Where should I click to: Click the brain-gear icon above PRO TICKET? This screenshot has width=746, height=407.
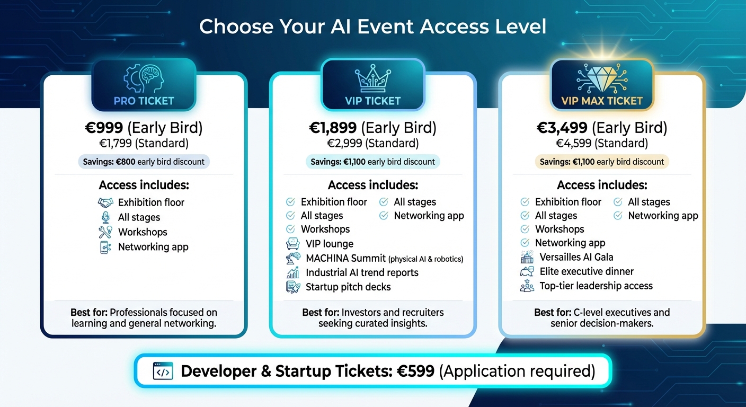(143, 79)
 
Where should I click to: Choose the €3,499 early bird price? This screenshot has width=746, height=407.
(562, 128)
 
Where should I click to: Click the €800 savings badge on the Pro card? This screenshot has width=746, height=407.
(144, 162)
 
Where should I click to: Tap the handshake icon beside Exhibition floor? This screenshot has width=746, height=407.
(106, 202)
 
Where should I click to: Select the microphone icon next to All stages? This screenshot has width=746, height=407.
(106, 217)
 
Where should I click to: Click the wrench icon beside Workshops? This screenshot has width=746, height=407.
(106, 232)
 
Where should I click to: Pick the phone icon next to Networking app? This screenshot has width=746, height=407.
(106, 247)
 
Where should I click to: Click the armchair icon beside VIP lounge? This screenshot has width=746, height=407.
(292, 244)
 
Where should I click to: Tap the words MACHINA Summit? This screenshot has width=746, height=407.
(345, 259)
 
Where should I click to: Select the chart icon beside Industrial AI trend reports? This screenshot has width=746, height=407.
(292, 273)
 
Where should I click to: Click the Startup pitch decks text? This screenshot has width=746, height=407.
(348, 287)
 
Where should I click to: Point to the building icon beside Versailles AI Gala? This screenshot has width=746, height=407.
(527, 258)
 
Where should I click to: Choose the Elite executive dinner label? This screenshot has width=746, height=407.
(587, 271)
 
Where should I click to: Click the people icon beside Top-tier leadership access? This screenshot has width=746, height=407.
(527, 286)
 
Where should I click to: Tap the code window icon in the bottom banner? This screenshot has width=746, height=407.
(163, 371)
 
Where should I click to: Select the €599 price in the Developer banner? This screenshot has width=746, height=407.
(416, 371)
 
